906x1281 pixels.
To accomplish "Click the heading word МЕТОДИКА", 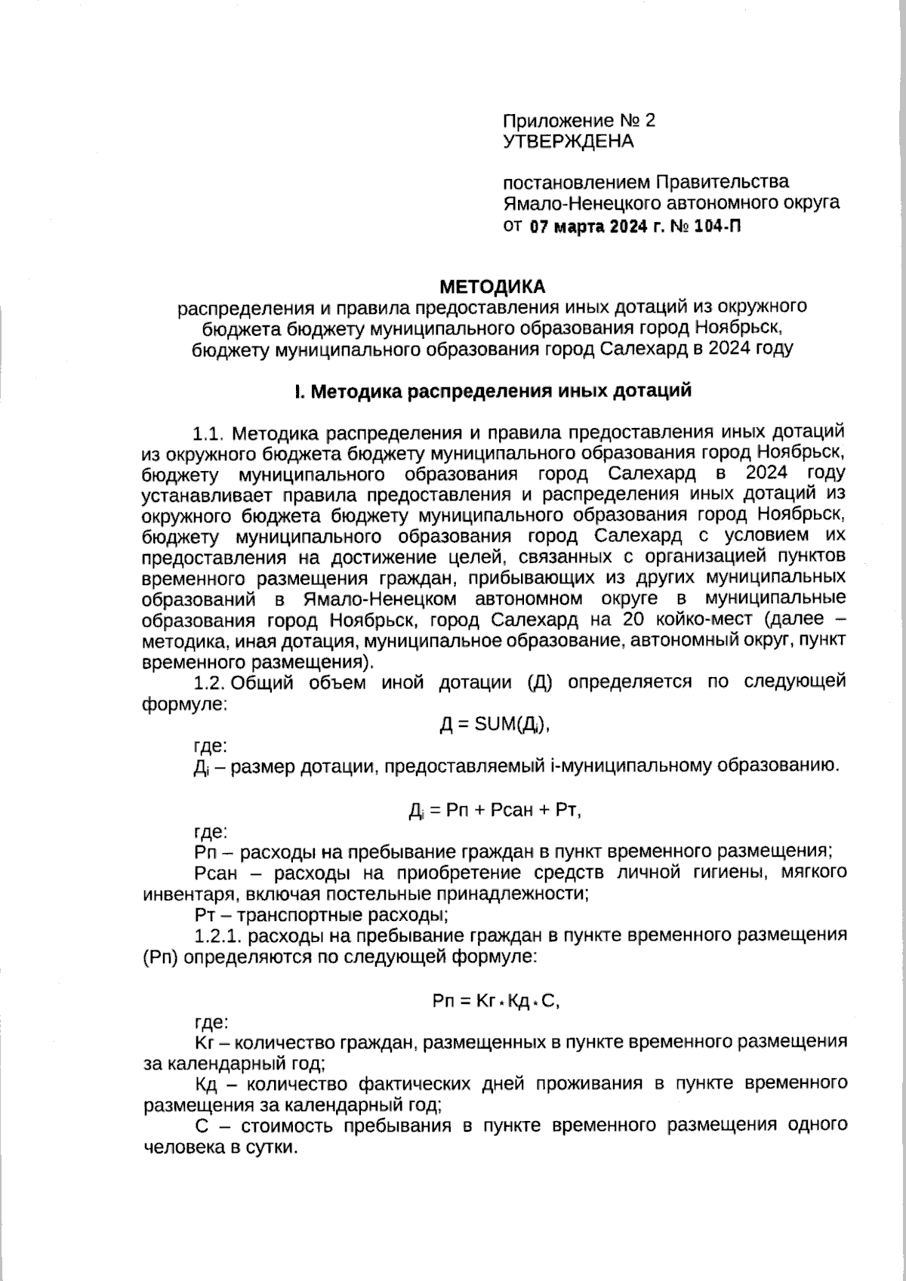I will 492,287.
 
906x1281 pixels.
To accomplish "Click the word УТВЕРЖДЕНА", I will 568,141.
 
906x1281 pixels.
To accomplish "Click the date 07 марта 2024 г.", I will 593,226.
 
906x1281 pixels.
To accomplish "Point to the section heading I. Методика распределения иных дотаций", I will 493,391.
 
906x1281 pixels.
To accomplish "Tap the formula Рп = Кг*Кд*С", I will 496,1001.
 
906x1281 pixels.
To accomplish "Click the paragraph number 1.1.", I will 209,433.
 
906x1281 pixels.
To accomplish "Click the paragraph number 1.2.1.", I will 218,935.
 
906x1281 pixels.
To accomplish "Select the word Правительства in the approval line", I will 723,182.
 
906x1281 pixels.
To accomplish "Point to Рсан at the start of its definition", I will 215,873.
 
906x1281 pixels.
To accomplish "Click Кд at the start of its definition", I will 206,1084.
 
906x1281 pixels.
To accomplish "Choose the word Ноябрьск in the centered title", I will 741,328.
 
